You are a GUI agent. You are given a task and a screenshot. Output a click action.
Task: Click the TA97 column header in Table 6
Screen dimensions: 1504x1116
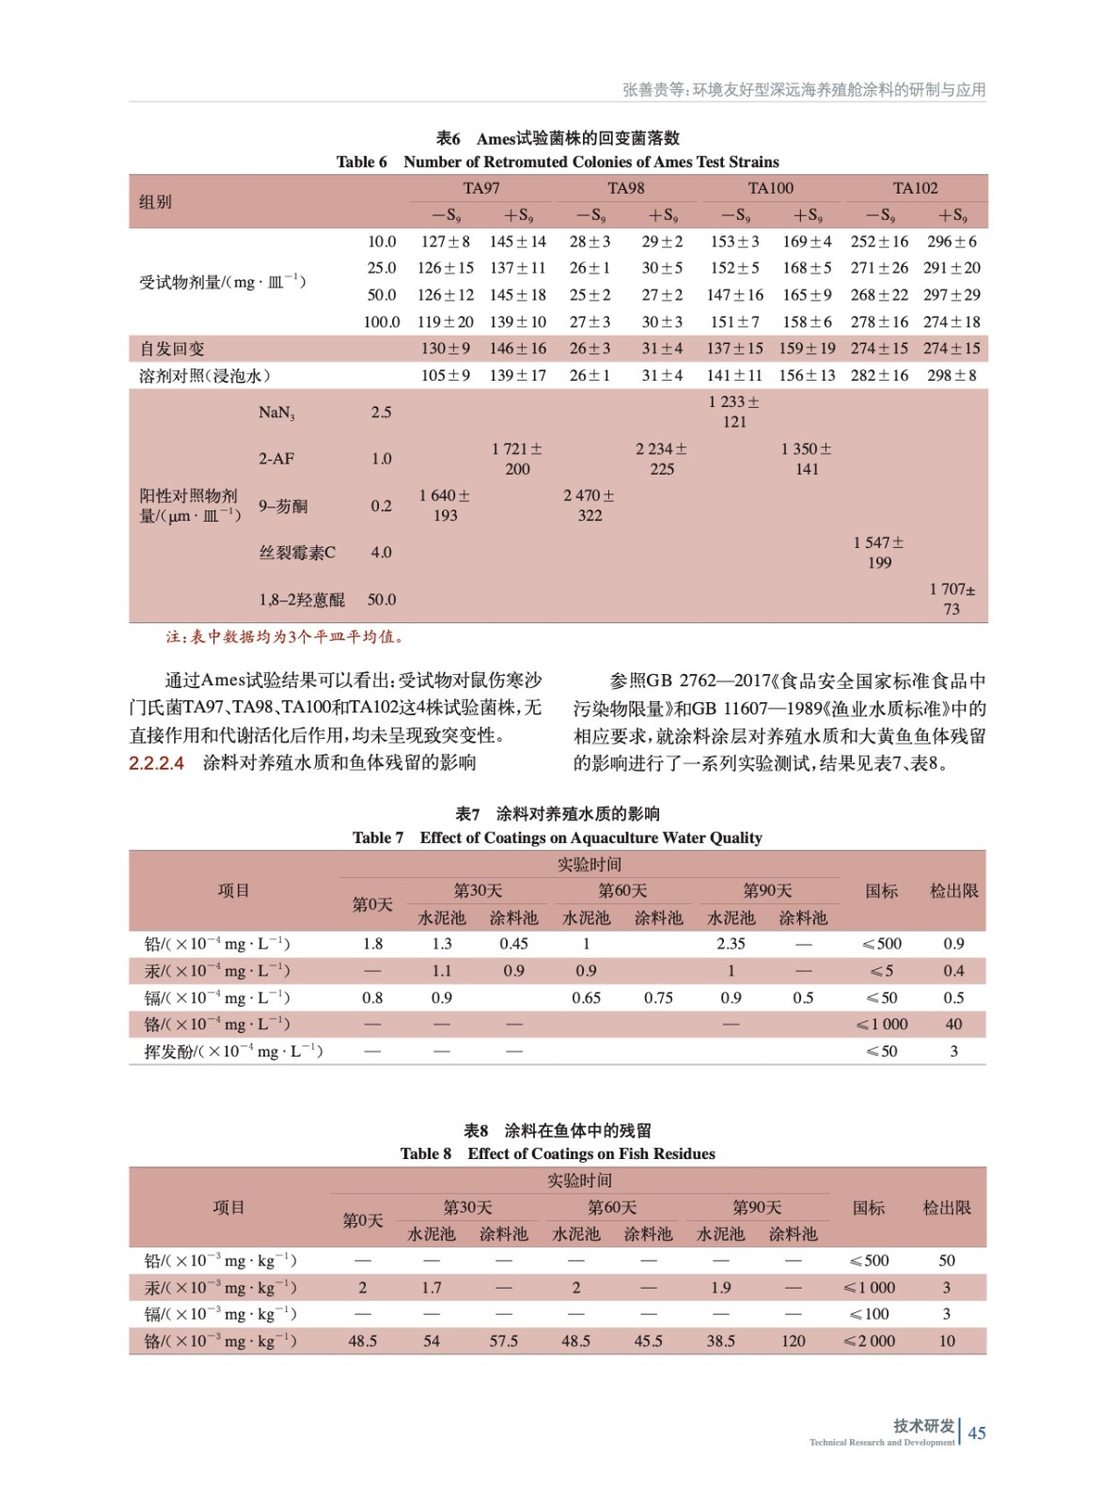[481, 188]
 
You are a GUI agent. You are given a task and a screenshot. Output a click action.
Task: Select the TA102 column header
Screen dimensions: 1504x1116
[915, 188]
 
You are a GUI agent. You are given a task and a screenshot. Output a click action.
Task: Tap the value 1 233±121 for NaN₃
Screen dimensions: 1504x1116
[734, 412]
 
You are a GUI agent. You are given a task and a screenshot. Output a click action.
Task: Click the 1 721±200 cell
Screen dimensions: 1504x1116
[517, 459]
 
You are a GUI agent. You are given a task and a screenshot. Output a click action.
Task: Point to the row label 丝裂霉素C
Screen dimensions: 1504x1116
[297, 553]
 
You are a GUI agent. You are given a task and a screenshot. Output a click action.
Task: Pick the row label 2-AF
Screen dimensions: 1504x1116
[276, 459]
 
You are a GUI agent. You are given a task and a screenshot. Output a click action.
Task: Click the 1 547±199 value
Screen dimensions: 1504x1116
[879, 553]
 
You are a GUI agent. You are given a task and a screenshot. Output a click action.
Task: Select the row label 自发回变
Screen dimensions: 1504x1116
[172, 349]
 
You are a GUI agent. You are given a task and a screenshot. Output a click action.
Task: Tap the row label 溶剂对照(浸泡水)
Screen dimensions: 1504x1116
[205, 376]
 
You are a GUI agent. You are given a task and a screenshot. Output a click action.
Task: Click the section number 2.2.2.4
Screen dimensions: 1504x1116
[157, 763]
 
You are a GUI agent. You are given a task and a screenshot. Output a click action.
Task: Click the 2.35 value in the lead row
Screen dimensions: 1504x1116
[731, 944]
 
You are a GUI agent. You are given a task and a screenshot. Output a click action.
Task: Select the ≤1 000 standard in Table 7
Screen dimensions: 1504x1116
[882, 1025]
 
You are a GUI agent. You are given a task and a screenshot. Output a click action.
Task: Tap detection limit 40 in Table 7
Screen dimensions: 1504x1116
[953, 1025]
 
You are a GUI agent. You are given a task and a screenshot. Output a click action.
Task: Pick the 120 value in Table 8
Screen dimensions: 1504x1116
[794, 1341]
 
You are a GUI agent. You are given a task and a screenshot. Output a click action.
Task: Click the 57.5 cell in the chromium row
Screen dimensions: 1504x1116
[504, 1341]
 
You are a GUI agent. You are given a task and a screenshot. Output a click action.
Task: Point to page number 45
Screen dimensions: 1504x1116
[977, 1433]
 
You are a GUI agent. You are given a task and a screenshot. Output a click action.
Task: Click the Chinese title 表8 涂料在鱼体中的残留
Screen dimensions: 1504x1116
[557, 1130]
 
